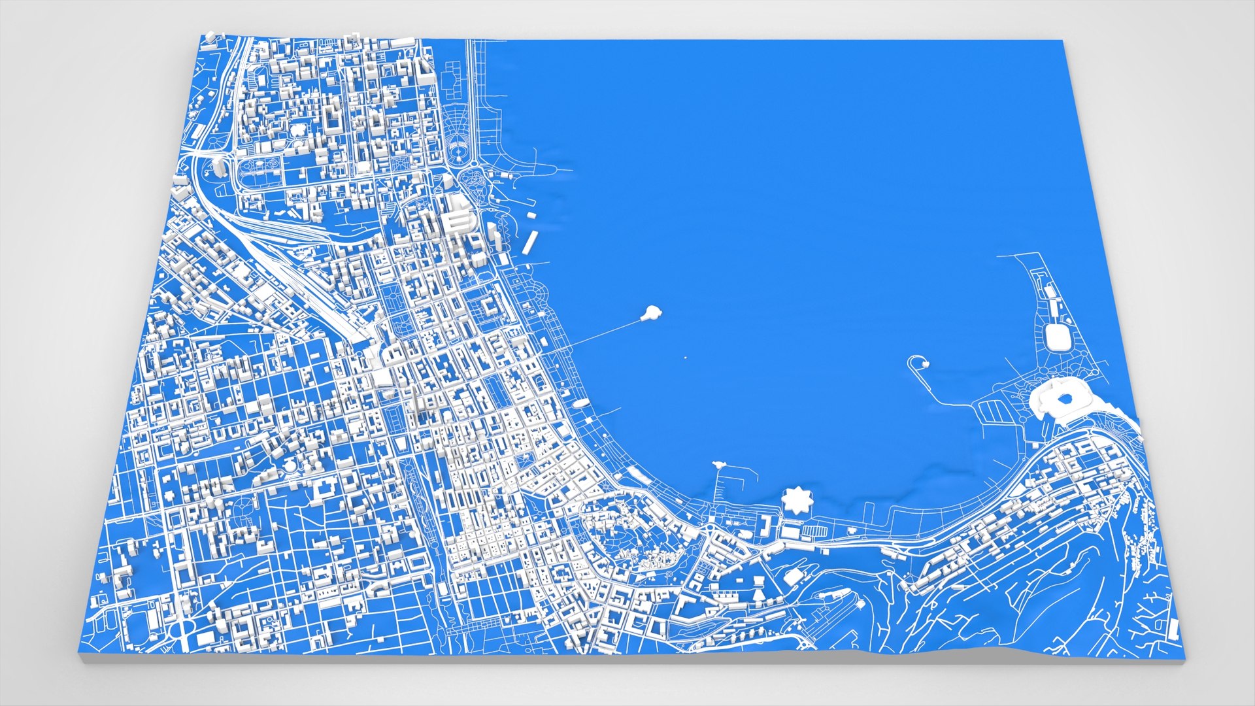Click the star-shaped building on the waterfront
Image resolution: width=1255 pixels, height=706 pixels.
(797, 501)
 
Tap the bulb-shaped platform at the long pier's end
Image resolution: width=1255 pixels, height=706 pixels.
(650, 313)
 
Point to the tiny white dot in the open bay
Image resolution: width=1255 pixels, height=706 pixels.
(685, 358)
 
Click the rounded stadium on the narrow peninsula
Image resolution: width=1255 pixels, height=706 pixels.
(1055, 337)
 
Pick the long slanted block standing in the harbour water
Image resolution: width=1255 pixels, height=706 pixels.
(530, 241)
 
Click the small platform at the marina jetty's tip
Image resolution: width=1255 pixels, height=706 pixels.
(720, 463)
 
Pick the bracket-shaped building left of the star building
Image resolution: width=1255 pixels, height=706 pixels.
(763, 523)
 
